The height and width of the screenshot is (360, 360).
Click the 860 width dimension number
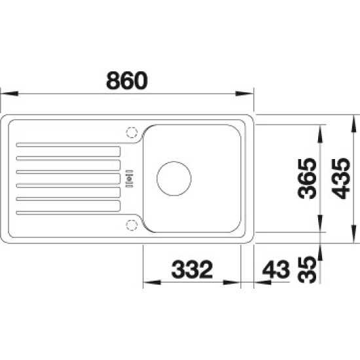click(x=127, y=81)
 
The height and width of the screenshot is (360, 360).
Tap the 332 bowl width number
click(x=192, y=269)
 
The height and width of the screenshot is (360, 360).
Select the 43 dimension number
click(x=276, y=269)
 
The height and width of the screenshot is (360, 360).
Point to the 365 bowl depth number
click(x=307, y=179)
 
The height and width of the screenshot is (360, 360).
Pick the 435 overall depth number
click(x=341, y=179)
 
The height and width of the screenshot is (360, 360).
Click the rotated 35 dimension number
click(x=307, y=270)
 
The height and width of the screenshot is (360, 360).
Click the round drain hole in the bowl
click(x=174, y=179)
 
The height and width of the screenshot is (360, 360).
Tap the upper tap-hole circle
click(x=132, y=132)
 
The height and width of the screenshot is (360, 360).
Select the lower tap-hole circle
click(x=132, y=225)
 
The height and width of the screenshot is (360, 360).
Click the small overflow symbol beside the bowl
click(x=129, y=179)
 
